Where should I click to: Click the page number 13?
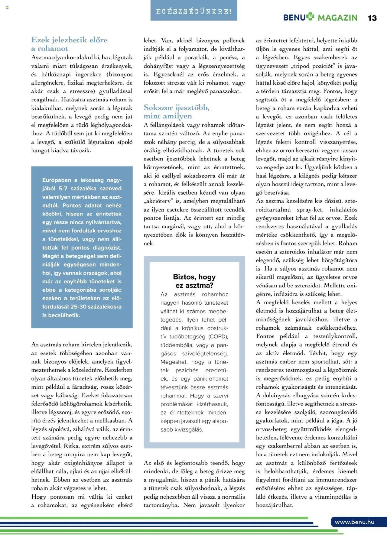(372, 18)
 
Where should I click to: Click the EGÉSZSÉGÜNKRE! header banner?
(194, 12)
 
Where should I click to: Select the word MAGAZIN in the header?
(337, 18)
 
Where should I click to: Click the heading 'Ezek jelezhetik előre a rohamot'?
(69, 44)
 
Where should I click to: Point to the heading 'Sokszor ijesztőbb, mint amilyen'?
(177, 112)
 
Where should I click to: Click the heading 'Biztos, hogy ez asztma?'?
(194, 281)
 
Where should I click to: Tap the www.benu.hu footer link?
(354, 522)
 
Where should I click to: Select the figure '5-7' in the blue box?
(63, 189)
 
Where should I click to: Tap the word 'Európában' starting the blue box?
(57, 180)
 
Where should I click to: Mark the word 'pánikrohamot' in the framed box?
(211, 379)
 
